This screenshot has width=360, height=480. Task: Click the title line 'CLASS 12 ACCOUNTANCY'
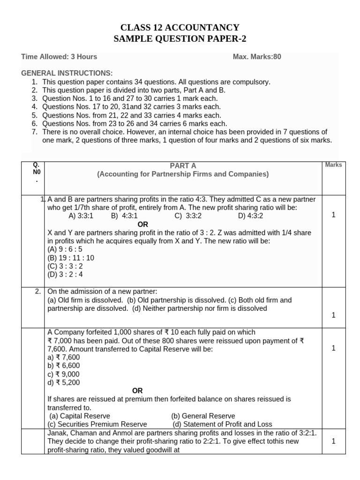point(180,28)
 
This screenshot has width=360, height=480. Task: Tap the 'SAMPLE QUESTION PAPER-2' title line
point(180,38)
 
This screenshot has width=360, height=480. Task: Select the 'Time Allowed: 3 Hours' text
point(59,57)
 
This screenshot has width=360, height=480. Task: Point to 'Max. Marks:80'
point(257,57)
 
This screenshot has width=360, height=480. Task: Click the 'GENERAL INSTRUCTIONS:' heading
point(67,73)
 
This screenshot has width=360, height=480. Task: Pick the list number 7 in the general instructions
point(34,132)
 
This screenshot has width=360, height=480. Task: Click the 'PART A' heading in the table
point(183,165)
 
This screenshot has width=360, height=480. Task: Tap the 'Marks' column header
point(333,165)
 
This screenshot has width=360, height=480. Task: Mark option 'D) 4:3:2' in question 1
point(250,216)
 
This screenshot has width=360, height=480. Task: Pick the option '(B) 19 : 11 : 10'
point(71,258)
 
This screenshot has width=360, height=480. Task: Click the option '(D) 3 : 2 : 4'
point(65,275)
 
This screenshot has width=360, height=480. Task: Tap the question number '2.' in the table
point(37,292)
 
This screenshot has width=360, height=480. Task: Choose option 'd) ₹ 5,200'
point(63,382)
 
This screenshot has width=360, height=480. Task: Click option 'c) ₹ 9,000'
point(63,374)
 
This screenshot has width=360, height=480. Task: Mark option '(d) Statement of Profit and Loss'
point(222,424)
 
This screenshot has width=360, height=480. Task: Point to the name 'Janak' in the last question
point(57,433)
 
